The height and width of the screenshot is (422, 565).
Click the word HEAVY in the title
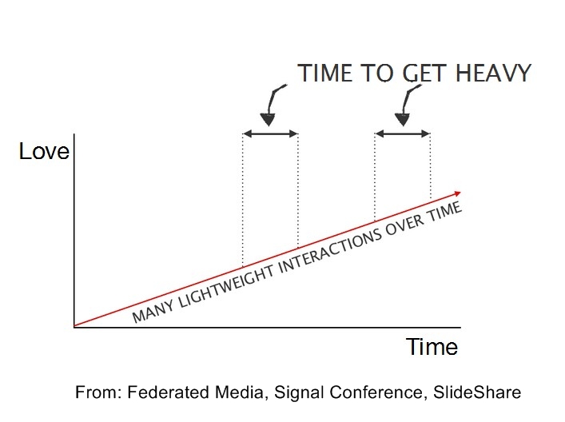[493, 73]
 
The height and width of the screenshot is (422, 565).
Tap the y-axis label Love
[44, 151]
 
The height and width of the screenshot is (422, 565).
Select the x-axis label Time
[432, 347]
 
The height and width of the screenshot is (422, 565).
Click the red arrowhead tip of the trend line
[460, 193]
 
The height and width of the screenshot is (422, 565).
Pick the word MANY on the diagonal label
[153, 313]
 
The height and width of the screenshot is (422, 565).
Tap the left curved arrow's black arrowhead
[268, 119]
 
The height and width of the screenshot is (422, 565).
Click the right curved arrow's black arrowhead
[402, 119]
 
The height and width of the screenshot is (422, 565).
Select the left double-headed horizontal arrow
[271, 134]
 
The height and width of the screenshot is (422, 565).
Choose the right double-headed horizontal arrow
[403, 134]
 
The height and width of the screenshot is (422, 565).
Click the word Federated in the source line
[168, 392]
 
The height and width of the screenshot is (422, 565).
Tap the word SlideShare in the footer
[477, 392]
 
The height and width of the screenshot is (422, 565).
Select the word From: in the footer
[98, 392]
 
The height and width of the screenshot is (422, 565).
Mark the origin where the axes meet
[74, 327]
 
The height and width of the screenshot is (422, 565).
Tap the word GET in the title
[425, 73]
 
